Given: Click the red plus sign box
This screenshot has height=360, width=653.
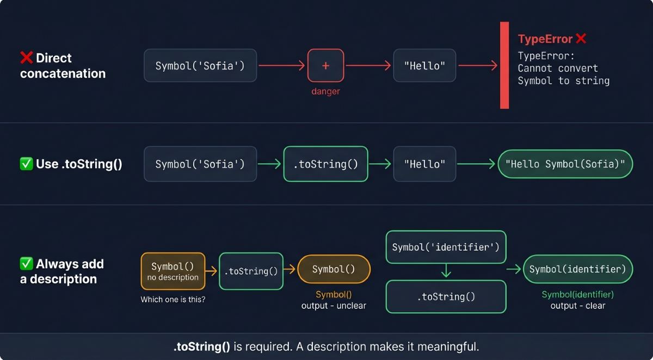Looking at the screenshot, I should click(325, 66).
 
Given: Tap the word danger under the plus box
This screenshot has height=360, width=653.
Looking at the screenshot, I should click(325, 91).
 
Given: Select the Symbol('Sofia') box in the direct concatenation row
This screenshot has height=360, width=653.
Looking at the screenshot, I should click(200, 66).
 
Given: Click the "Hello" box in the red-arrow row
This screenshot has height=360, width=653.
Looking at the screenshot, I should click(424, 66).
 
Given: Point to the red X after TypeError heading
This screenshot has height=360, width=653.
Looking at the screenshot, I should click(581, 39).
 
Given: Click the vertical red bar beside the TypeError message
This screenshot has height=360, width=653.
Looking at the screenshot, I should click(504, 65).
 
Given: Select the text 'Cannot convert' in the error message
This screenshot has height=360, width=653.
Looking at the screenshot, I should click(557, 68).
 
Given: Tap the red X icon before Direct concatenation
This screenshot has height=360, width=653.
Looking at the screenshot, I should click(26, 58).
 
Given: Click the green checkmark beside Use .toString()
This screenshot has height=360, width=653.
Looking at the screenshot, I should click(26, 164).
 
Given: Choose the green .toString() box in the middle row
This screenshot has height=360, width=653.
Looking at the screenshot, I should click(325, 164).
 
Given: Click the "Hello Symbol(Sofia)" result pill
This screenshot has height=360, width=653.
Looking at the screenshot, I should click(565, 164).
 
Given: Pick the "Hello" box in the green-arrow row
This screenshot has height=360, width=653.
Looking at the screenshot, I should click(424, 164).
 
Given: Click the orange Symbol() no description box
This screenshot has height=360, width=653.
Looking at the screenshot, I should click(173, 271).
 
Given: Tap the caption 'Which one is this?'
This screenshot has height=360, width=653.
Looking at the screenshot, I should click(173, 299).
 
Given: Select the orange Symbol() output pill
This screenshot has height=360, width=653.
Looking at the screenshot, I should click(334, 269).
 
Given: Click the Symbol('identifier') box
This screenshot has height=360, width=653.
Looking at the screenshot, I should click(446, 247).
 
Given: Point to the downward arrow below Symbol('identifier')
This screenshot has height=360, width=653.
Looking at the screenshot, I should click(446, 271).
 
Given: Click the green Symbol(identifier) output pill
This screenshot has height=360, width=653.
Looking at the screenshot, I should click(577, 269).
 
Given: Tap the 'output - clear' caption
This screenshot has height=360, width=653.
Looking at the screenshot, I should click(577, 306).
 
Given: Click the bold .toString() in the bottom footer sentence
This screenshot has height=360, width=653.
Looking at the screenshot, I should click(202, 346).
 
